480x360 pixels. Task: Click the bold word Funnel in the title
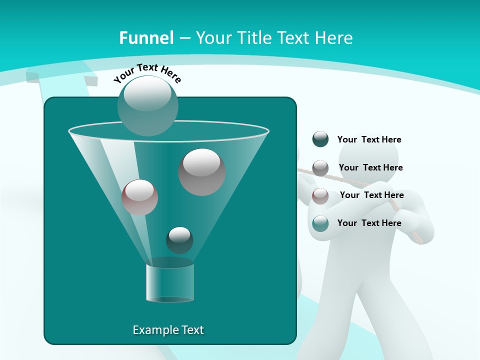(x=146, y=38)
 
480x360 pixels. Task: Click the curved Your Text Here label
(x=147, y=72)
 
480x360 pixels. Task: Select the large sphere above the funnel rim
(x=147, y=105)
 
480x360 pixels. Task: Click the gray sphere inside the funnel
(x=201, y=172)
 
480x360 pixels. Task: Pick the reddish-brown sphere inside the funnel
(x=139, y=197)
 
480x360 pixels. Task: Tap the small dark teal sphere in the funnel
(x=179, y=240)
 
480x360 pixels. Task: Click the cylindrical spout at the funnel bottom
(x=170, y=283)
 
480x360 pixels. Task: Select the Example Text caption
(x=168, y=330)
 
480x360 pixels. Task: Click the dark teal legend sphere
(x=320, y=139)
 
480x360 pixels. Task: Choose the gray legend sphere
(x=320, y=167)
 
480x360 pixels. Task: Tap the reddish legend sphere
(x=320, y=195)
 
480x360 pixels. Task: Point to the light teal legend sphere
(x=320, y=223)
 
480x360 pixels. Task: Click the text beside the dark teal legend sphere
(x=369, y=140)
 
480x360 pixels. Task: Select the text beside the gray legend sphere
(x=370, y=167)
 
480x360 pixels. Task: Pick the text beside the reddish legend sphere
(x=371, y=195)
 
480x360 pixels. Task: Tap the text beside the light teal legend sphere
(x=369, y=223)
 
